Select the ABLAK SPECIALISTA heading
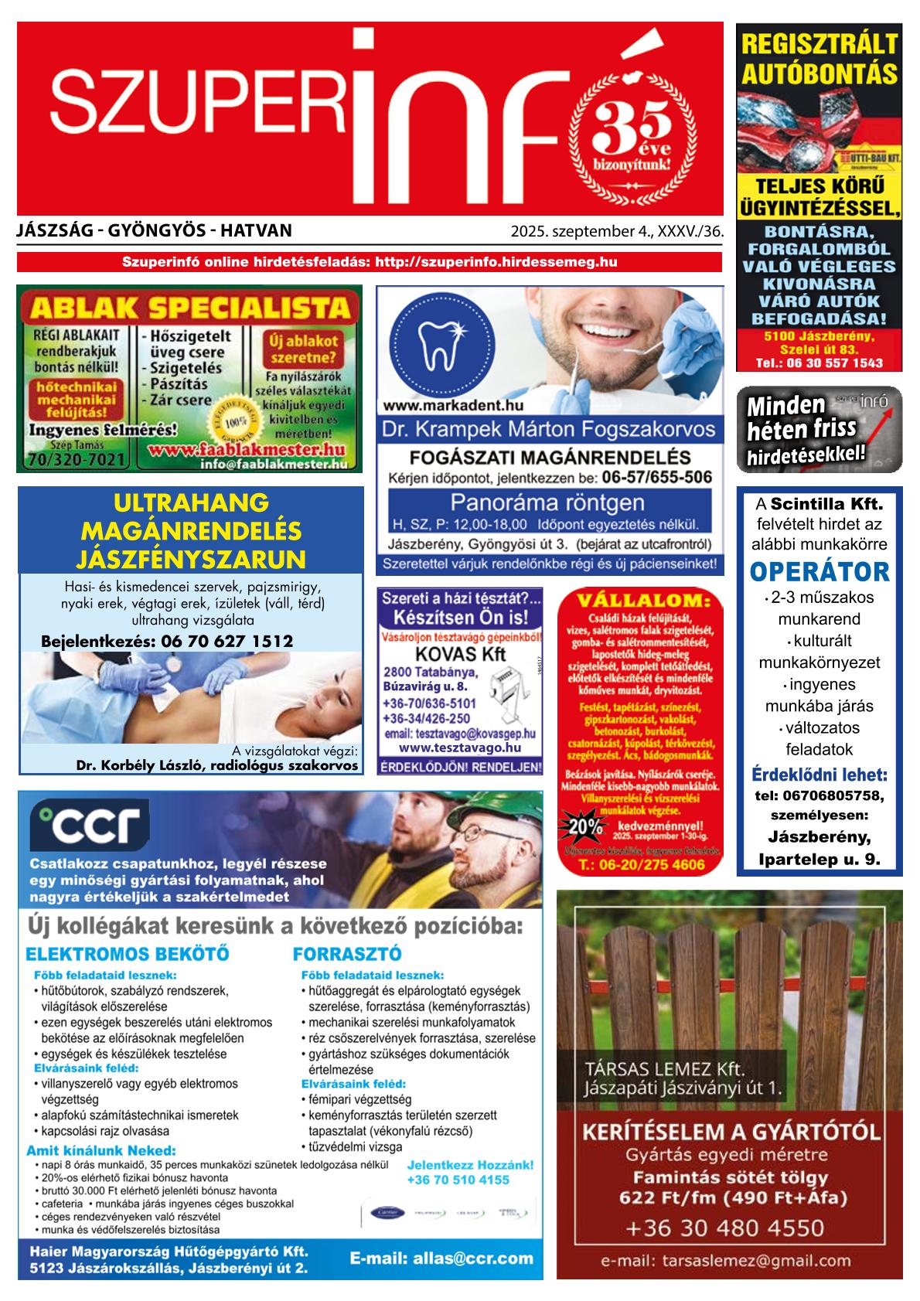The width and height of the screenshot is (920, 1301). coord(189,308)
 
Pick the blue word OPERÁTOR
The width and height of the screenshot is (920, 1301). coord(819,572)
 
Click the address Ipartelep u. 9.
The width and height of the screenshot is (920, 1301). coord(819,859)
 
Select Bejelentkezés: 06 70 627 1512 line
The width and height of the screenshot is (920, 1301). coord(167,641)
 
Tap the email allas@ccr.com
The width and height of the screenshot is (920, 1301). coord(441,1258)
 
